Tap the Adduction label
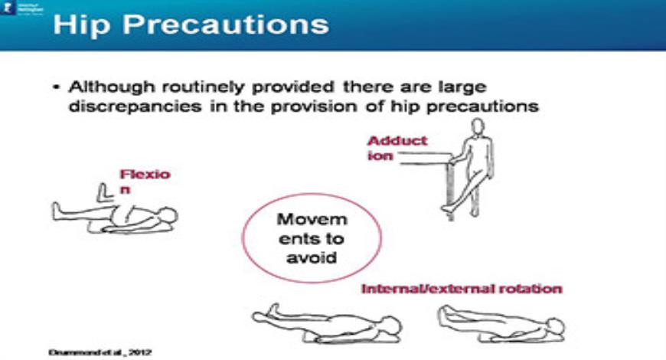[x=397, y=148]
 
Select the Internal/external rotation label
[x=462, y=289]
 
